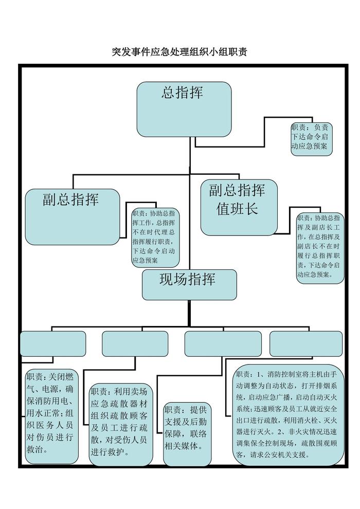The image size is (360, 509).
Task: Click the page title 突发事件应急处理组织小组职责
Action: [180, 52]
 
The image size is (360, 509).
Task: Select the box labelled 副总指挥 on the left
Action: [73, 216]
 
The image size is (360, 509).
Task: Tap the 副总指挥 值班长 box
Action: [239, 207]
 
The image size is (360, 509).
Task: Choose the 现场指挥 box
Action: [189, 284]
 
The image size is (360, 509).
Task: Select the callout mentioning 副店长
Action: [319, 247]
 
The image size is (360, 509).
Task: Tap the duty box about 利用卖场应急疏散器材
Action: [121, 422]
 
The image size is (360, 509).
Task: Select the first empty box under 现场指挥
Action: [53, 343]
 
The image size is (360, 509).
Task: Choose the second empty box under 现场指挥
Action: [135, 343]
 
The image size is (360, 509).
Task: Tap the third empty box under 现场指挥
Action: [223, 343]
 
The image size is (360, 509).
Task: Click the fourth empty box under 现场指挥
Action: [306, 343]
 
